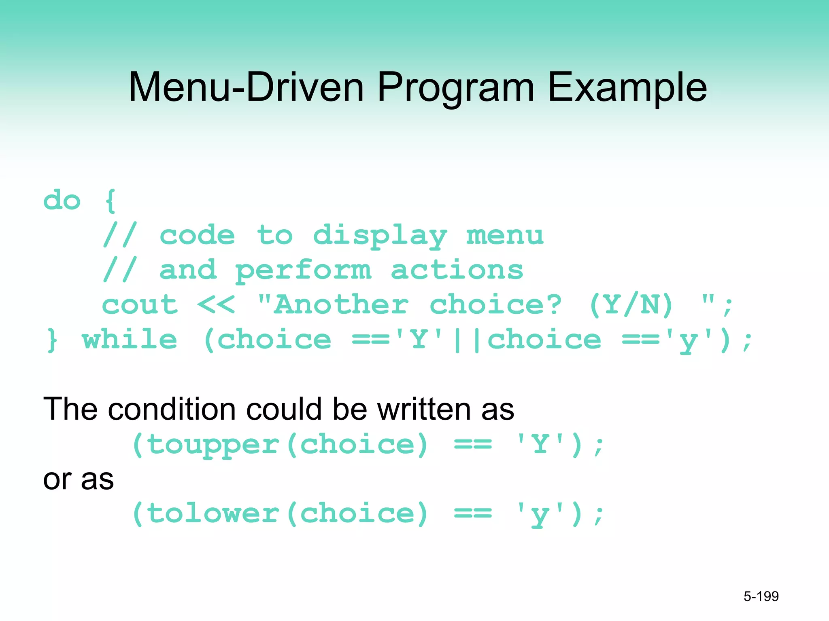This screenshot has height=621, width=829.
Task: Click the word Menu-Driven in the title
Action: pyautogui.click(x=246, y=87)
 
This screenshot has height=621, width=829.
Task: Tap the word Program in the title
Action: pyautogui.click(x=456, y=87)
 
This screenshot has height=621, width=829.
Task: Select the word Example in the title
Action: pyautogui.click(x=627, y=87)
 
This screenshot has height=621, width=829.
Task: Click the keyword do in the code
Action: pyautogui.click(x=62, y=201)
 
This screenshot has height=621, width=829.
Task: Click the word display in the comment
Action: pyautogui.click(x=380, y=236)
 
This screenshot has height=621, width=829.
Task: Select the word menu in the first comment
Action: pyautogui.click(x=505, y=236)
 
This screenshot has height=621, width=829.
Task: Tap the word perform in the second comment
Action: pyautogui.click(x=303, y=270)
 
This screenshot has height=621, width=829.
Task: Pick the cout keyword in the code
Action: pyautogui.click(x=140, y=305)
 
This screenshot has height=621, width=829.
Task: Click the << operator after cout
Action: pyautogui.click(x=216, y=305)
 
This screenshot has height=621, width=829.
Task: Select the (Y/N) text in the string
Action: pyautogui.click(x=631, y=305)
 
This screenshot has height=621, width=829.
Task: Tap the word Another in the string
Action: pyautogui.click(x=341, y=305)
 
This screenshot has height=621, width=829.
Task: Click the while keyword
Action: pyautogui.click(x=130, y=340)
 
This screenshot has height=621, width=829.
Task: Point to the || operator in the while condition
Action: pyautogui.click(x=467, y=340)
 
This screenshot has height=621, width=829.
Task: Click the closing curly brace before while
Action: pyautogui.click(x=52, y=340)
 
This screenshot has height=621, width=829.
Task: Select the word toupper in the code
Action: pyautogui.click(x=213, y=445)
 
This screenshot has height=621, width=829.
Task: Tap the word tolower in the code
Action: pyautogui.click(x=213, y=513)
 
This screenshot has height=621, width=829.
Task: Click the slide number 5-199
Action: pyautogui.click(x=761, y=596)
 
